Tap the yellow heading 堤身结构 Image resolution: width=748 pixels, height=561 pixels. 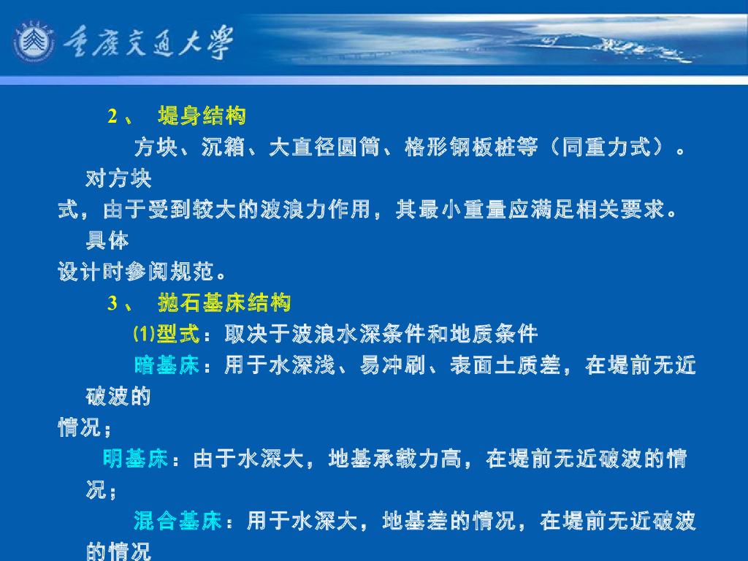[202, 116]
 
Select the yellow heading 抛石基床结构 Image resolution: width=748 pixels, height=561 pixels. [224, 303]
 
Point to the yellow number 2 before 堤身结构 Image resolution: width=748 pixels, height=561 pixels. [113, 116]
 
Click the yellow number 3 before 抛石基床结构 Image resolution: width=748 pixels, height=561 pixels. [113, 303]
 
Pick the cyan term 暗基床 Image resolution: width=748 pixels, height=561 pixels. [167, 365]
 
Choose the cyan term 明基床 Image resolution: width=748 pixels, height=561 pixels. [136, 459]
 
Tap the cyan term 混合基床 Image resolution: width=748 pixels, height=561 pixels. [178, 522]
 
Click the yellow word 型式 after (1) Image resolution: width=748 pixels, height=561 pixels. [178, 335]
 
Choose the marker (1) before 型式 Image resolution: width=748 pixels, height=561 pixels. [144, 335]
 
